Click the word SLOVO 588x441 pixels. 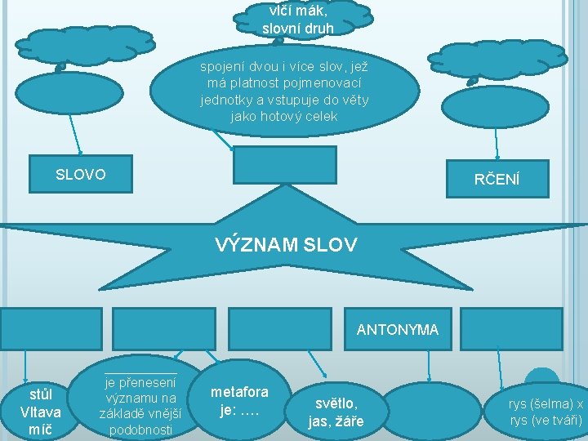pyautogui.click(x=80, y=175)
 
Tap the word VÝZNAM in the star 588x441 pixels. pyautogui.click(x=252, y=244)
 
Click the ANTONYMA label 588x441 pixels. pyautogui.click(x=397, y=330)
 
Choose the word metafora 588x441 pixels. pyautogui.click(x=239, y=392)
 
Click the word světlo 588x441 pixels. pyautogui.click(x=336, y=403)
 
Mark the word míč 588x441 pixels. pyautogui.click(x=40, y=429)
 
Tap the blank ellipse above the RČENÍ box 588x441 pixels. pyautogui.click(x=497, y=100)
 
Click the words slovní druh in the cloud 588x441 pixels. pyautogui.click(x=298, y=29)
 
